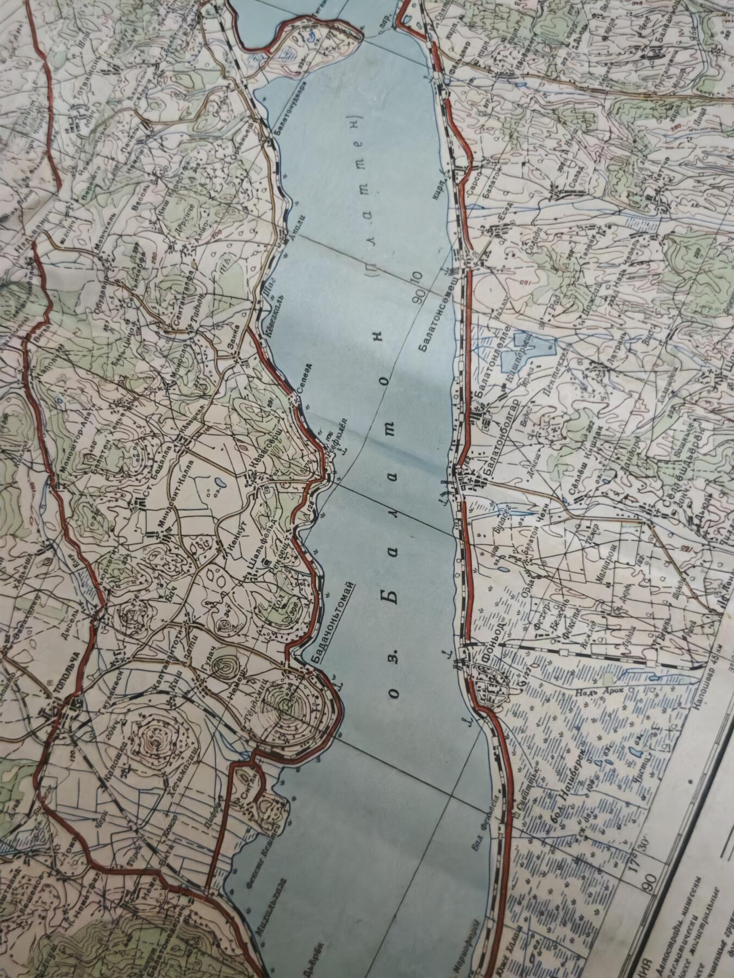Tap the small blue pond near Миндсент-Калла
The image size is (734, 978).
tap(217, 482)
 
